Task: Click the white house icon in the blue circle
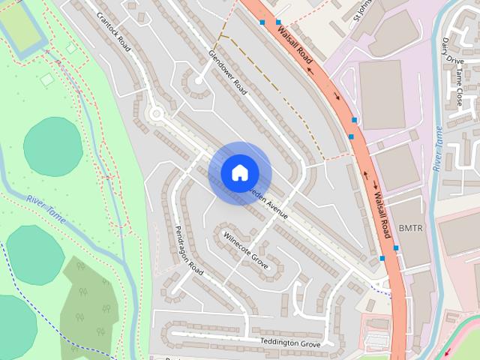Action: [239, 173]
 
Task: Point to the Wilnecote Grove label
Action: [245, 250]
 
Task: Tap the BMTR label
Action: [411, 227]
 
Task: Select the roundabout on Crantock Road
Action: [156, 114]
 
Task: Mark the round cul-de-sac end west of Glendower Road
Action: [199, 80]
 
